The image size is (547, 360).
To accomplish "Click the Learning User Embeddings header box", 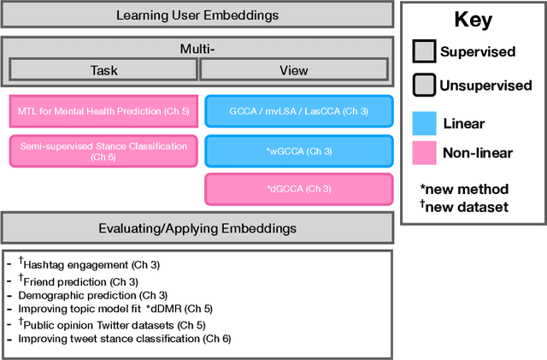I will click(x=197, y=15).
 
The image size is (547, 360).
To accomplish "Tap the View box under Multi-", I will click(x=295, y=71).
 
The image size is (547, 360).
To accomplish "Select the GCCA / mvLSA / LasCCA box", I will click(x=298, y=111).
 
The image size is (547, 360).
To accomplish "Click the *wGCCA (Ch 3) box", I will click(x=298, y=150).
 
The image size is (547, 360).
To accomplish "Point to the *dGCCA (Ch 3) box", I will click(x=298, y=189).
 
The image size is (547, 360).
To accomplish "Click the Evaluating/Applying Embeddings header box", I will click(x=197, y=227).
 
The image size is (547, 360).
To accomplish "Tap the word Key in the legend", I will click(x=473, y=21).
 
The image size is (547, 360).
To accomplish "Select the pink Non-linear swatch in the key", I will click(x=424, y=154).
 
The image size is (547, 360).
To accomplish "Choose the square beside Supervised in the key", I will click(x=424, y=52).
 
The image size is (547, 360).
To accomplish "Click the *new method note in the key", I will click(x=464, y=188).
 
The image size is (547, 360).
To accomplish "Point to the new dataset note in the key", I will click(x=464, y=205).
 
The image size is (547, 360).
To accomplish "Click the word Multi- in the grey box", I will click(x=197, y=50).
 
